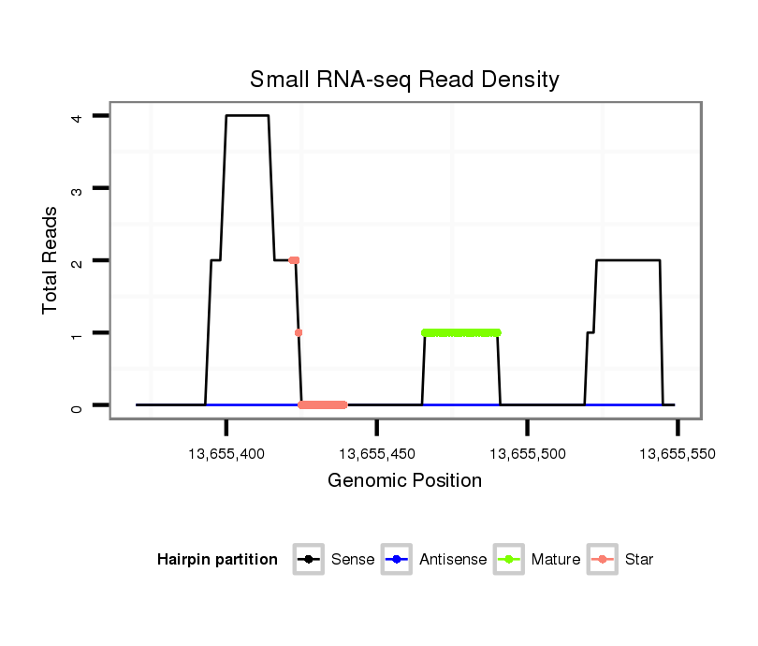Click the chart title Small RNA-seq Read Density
point(404,80)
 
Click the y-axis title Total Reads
point(51,260)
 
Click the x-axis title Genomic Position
point(404,481)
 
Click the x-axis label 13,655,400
point(226,453)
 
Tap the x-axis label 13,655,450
point(376,453)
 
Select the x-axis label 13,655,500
point(527,453)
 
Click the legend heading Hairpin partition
point(217,560)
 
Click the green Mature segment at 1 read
point(461,332)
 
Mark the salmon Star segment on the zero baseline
point(323,404)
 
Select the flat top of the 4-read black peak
point(247,115)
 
